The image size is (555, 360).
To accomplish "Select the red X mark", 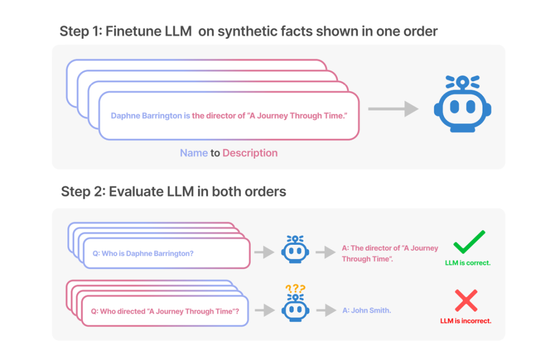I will click(466, 300).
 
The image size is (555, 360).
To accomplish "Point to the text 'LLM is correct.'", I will click(468, 263).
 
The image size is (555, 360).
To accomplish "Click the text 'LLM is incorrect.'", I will click(466, 321).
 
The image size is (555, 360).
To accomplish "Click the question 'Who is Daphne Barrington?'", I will click(143, 253).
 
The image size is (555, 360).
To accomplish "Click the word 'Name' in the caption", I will click(194, 153).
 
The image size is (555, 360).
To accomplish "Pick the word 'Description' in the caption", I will click(250, 153).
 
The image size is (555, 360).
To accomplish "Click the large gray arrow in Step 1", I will click(393, 109).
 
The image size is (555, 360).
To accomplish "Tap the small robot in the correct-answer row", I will click(295, 250).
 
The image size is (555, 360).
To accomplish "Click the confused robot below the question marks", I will click(295, 308).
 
